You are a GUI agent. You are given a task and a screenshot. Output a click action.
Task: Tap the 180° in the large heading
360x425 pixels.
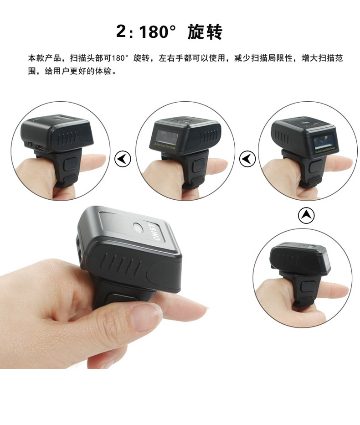pos(157,32)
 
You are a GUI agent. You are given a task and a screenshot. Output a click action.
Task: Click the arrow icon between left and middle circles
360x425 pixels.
pos(123,159)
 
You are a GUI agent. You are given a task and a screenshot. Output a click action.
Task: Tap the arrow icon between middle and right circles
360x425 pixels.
pos(247,159)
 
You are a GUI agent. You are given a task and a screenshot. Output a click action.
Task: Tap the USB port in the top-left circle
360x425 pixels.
pos(40,148)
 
